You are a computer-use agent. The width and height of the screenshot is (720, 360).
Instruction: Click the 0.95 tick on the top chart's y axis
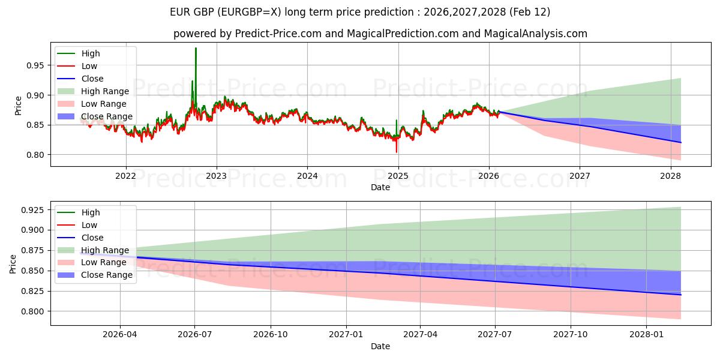pyautogui.click(x=36, y=65)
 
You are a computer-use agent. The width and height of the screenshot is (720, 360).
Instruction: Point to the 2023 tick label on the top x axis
pyautogui.click(x=217, y=176)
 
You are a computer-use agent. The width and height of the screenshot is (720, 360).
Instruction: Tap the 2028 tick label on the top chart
pyautogui.click(x=670, y=176)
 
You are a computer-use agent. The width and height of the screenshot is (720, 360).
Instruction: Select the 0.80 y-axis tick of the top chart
pyautogui.click(x=36, y=155)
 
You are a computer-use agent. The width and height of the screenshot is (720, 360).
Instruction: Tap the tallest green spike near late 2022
pyautogui.click(x=196, y=49)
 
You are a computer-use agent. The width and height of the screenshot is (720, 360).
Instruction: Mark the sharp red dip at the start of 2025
pyautogui.click(x=396, y=151)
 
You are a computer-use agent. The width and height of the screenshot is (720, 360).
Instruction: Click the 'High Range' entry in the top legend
pyautogui.click(x=105, y=91)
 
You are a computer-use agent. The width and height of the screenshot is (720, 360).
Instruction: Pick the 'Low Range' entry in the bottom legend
pyautogui.click(x=104, y=262)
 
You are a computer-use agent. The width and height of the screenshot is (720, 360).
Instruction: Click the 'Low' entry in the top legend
pyautogui.click(x=89, y=66)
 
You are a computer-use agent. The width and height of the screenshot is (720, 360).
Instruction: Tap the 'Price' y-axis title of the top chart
pyautogui.click(x=18, y=106)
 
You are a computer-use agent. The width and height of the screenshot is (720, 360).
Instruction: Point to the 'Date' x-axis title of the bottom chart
pyautogui.click(x=380, y=346)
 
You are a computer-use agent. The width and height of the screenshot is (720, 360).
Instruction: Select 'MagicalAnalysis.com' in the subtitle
pyautogui.click(x=538, y=34)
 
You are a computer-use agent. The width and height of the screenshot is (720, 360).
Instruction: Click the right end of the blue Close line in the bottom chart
pyautogui.click(x=680, y=295)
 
